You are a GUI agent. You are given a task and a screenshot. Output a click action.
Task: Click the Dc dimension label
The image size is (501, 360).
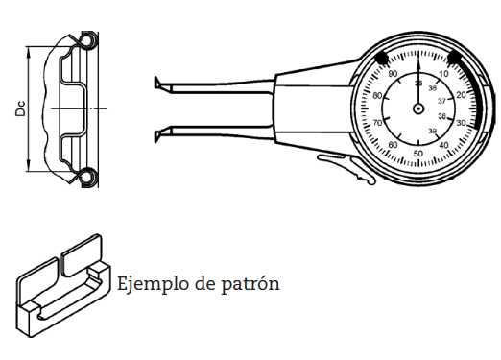(x=19, y=108)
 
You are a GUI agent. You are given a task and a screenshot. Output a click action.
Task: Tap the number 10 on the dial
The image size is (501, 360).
(x=444, y=74)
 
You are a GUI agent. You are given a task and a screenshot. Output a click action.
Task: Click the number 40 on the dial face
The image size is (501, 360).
(x=443, y=145)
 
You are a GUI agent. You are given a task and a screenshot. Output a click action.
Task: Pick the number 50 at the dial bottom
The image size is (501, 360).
(x=417, y=154)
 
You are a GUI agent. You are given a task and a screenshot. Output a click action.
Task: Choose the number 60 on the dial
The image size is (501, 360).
(x=393, y=145)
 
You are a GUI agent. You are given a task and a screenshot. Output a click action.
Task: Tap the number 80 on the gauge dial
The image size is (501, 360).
(x=377, y=95)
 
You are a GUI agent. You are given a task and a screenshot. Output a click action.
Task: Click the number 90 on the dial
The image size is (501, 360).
(x=392, y=74)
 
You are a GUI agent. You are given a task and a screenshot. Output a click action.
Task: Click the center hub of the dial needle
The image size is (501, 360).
(x=418, y=108)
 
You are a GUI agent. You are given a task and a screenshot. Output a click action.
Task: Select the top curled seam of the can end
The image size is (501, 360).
(x=87, y=41)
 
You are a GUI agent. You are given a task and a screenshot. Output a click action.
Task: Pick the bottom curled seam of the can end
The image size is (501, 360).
(x=87, y=177)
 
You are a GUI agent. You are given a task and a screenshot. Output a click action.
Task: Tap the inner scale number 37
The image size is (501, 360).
(x=441, y=100)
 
